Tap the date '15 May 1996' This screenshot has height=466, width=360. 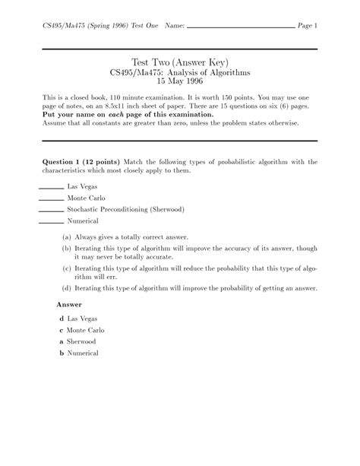(x=180, y=81)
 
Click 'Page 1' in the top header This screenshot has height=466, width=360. (x=308, y=26)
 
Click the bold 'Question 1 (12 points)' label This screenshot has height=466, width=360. (x=81, y=162)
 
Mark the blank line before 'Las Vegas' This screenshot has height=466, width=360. (x=50, y=186)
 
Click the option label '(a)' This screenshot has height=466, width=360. (x=67, y=236)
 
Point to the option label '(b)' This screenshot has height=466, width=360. (x=67, y=248)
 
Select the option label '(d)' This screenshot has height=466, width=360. (x=67, y=289)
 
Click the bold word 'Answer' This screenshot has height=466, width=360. (x=70, y=304)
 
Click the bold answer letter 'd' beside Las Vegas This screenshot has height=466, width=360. (x=61, y=319)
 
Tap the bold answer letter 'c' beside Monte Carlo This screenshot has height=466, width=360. (x=61, y=331)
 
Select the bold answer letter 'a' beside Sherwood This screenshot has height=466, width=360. (x=61, y=342)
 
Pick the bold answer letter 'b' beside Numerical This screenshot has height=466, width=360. (x=61, y=353)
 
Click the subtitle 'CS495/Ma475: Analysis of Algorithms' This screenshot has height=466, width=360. (x=180, y=71)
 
